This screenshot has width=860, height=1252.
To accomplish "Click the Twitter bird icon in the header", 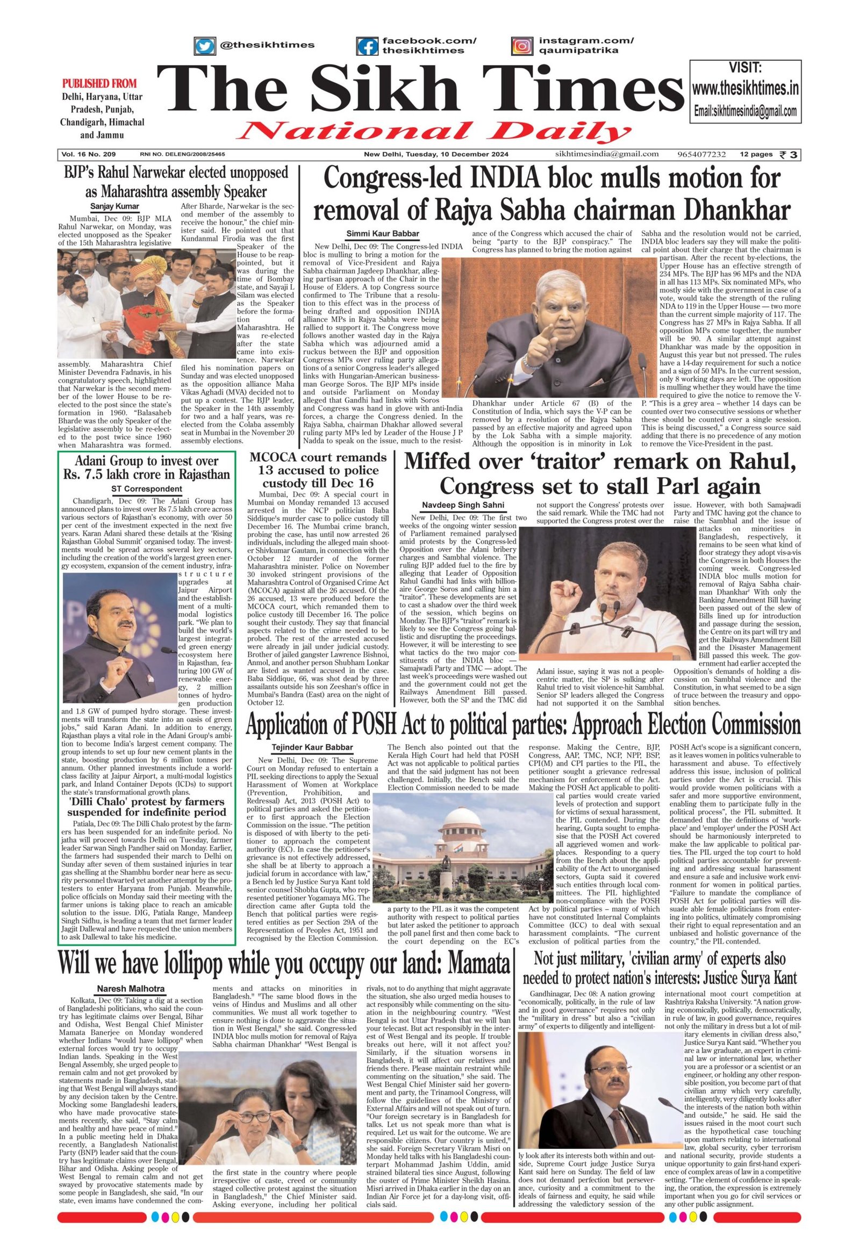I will (204, 45).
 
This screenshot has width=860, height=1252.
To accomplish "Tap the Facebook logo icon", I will (368, 46).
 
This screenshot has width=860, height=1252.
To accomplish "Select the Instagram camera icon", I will (521, 46).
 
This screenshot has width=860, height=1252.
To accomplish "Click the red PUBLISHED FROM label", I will (99, 84).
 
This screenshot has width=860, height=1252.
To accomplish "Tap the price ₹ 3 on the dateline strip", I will (790, 155).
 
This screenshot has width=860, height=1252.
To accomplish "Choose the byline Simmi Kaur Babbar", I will (383, 233).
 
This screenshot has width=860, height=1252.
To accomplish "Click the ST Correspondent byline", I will (147, 488).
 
